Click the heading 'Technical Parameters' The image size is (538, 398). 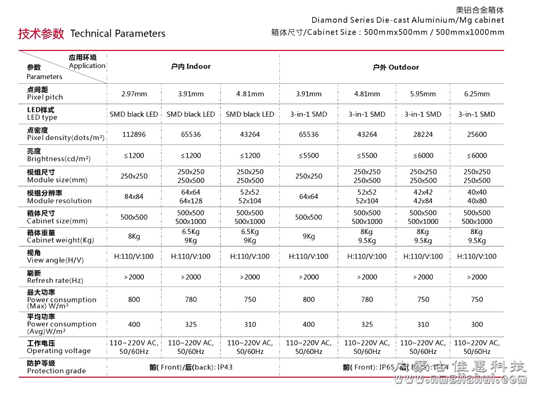tap(118, 33)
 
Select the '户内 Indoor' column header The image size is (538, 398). tap(191, 67)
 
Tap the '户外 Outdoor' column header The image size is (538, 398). tap(396, 67)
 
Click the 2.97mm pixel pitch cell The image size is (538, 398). tap(134, 94)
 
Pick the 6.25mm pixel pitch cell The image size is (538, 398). tap(476, 94)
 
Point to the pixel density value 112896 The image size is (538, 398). tap(134, 135)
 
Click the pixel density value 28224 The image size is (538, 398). tap(423, 135)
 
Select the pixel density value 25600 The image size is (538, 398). tap(476, 135)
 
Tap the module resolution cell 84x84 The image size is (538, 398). tap(134, 197)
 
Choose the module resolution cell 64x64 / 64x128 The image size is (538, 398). tap(191, 197)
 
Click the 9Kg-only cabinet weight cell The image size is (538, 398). tap(309, 237)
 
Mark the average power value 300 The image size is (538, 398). tap(476, 325)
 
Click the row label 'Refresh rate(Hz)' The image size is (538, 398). tap(55, 281)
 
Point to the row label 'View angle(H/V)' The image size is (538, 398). tap(55, 261)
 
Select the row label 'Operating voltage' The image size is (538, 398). tap(59, 351)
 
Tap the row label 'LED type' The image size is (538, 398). tap(42, 118)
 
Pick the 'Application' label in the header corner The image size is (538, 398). tap(87, 66)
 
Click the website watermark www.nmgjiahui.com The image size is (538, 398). tap(459, 379)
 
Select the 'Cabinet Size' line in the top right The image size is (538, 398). tap(387, 32)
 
